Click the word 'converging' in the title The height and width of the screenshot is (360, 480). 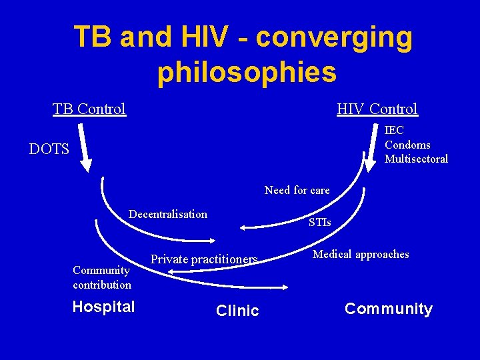(334, 38)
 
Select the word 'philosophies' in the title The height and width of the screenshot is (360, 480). (247, 73)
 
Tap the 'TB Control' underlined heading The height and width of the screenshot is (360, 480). (89, 109)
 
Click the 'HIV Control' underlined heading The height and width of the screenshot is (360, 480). (377, 109)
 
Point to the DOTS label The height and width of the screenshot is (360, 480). (49, 149)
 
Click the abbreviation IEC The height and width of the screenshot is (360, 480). (394, 131)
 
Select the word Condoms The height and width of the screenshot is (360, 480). (407, 145)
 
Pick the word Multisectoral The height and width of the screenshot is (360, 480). (416, 159)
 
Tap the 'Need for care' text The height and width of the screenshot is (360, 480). (297, 190)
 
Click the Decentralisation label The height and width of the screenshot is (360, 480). (168, 214)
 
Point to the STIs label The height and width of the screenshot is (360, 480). (319, 222)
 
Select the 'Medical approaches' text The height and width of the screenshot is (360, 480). (361, 254)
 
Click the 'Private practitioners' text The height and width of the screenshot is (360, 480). (204, 259)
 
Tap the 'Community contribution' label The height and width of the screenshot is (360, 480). (102, 277)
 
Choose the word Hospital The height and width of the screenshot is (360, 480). (103, 307)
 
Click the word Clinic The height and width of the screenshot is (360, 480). (237, 311)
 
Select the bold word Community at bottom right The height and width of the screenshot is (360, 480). (388, 309)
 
